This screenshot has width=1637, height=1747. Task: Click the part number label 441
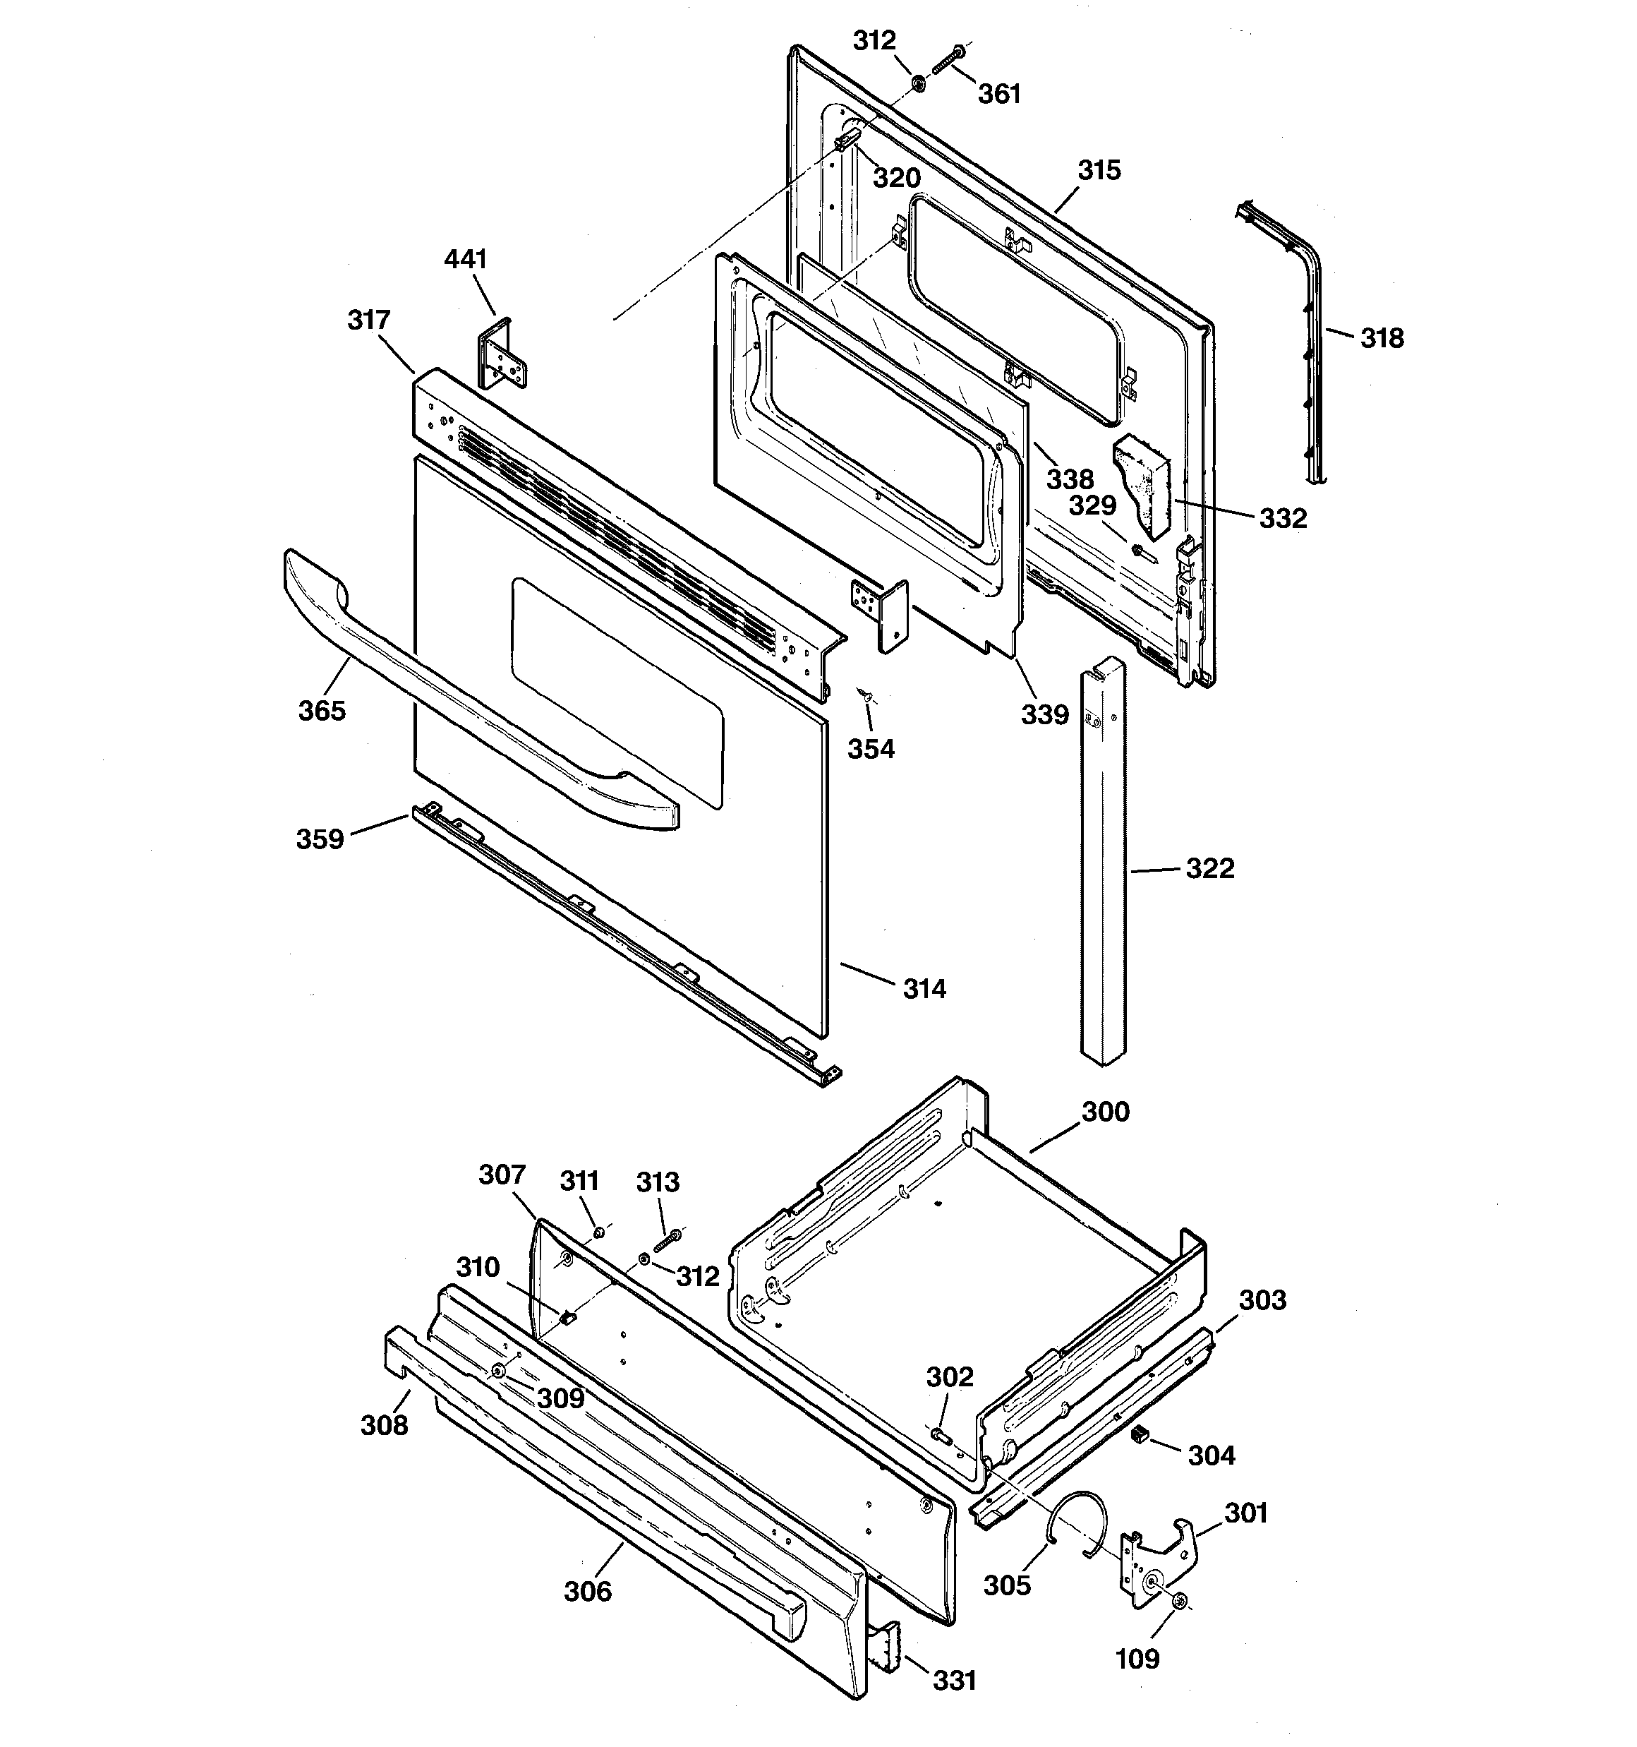point(465,259)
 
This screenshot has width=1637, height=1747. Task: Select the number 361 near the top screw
point(999,93)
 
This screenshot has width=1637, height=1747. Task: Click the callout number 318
point(1382,337)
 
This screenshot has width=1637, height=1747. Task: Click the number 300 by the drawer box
point(1104,1112)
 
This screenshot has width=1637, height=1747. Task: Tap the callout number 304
point(1211,1455)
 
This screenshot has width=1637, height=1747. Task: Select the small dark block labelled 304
point(1140,1435)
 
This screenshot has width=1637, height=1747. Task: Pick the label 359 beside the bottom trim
point(319,839)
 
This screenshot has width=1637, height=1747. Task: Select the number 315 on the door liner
point(1099,169)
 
